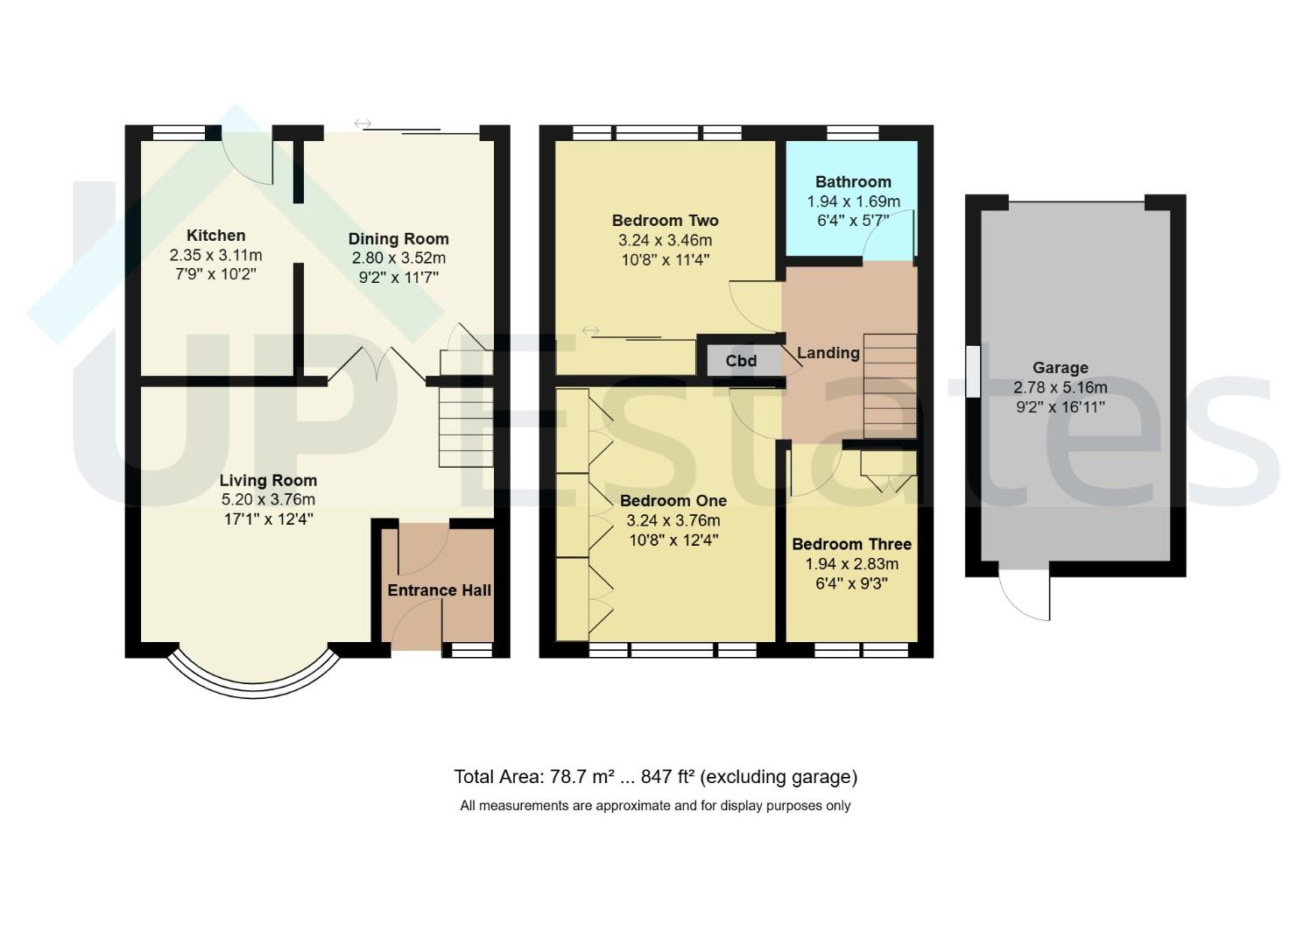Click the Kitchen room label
pyautogui.click(x=216, y=236)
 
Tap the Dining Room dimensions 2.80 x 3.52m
pyautogui.click(x=398, y=258)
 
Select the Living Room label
pyautogui.click(x=268, y=481)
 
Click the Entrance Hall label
pyautogui.click(x=439, y=590)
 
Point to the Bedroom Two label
pyautogui.click(x=666, y=221)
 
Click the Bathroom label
pyautogui.click(x=853, y=182)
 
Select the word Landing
pyautogui.click(x=828, y=353)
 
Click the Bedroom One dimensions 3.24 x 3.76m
pyautogui.click(x=673, y=520)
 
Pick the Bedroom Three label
pyautogui.click(x=851, y=545)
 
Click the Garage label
pyautogui.click(x=1061, y=368)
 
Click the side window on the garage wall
pyautogui.click(x=973, y=371)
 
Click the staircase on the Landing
pyautogui.click(x=890, y=385)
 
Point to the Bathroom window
pyautogui.click(x=853, y=133)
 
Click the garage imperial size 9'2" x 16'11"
pyautogui.click(x=1061, y=406)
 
